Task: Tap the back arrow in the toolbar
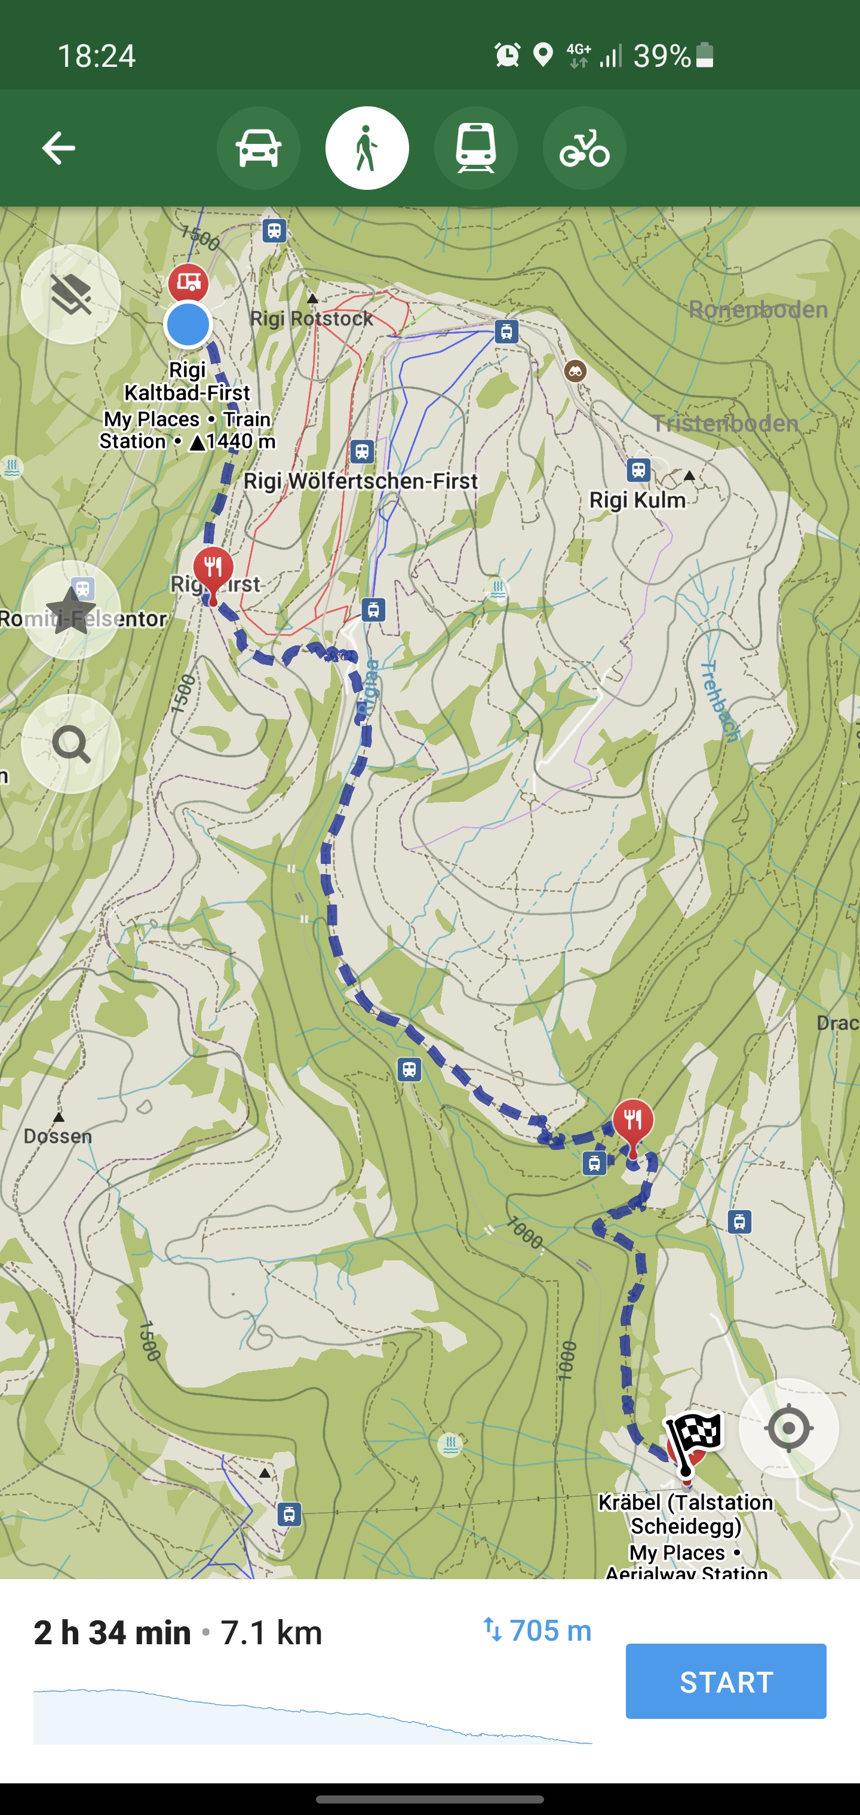click(x=59, y=148)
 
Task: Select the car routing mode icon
click(x=258, y=148)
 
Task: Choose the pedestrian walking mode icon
click(x=367, y=148)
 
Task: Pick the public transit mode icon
click(x=475, y=148)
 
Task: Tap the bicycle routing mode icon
click(x=583, y=148)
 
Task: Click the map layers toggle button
click(x=70, y=294)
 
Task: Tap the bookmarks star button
click(x=70, y=610)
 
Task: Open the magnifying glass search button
click(x=70, y=743)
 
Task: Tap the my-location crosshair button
click(x=788, y=1428)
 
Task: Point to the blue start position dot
click(x=188, y=325)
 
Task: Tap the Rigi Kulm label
click(x=637, y=500)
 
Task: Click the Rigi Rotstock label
click(x=312, y=318)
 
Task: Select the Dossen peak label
click(x=58, y=1136)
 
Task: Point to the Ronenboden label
click(x=758, y=309)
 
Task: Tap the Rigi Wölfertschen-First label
click(x=360, y=481)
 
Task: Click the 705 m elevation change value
click(x=550, y=1631)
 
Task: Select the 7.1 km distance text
click(x=271, y=1632)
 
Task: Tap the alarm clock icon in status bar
click(x=507, y=55)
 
